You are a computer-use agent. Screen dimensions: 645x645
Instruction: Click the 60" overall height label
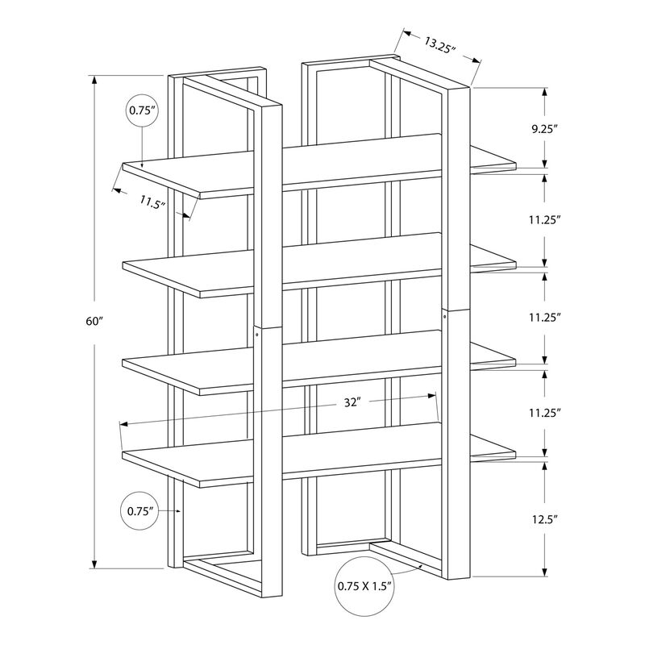(95, 321)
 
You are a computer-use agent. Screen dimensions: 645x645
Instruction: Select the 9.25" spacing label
(545, 127)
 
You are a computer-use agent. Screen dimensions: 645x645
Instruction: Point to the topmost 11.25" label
(545, 218)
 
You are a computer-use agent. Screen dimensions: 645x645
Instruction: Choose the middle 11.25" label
(545, 317)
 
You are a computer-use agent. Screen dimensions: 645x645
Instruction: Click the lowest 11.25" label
(545, 412)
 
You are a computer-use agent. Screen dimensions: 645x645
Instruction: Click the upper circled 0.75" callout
(141, 112)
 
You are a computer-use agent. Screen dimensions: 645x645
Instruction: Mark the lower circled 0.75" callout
(140, 510)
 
